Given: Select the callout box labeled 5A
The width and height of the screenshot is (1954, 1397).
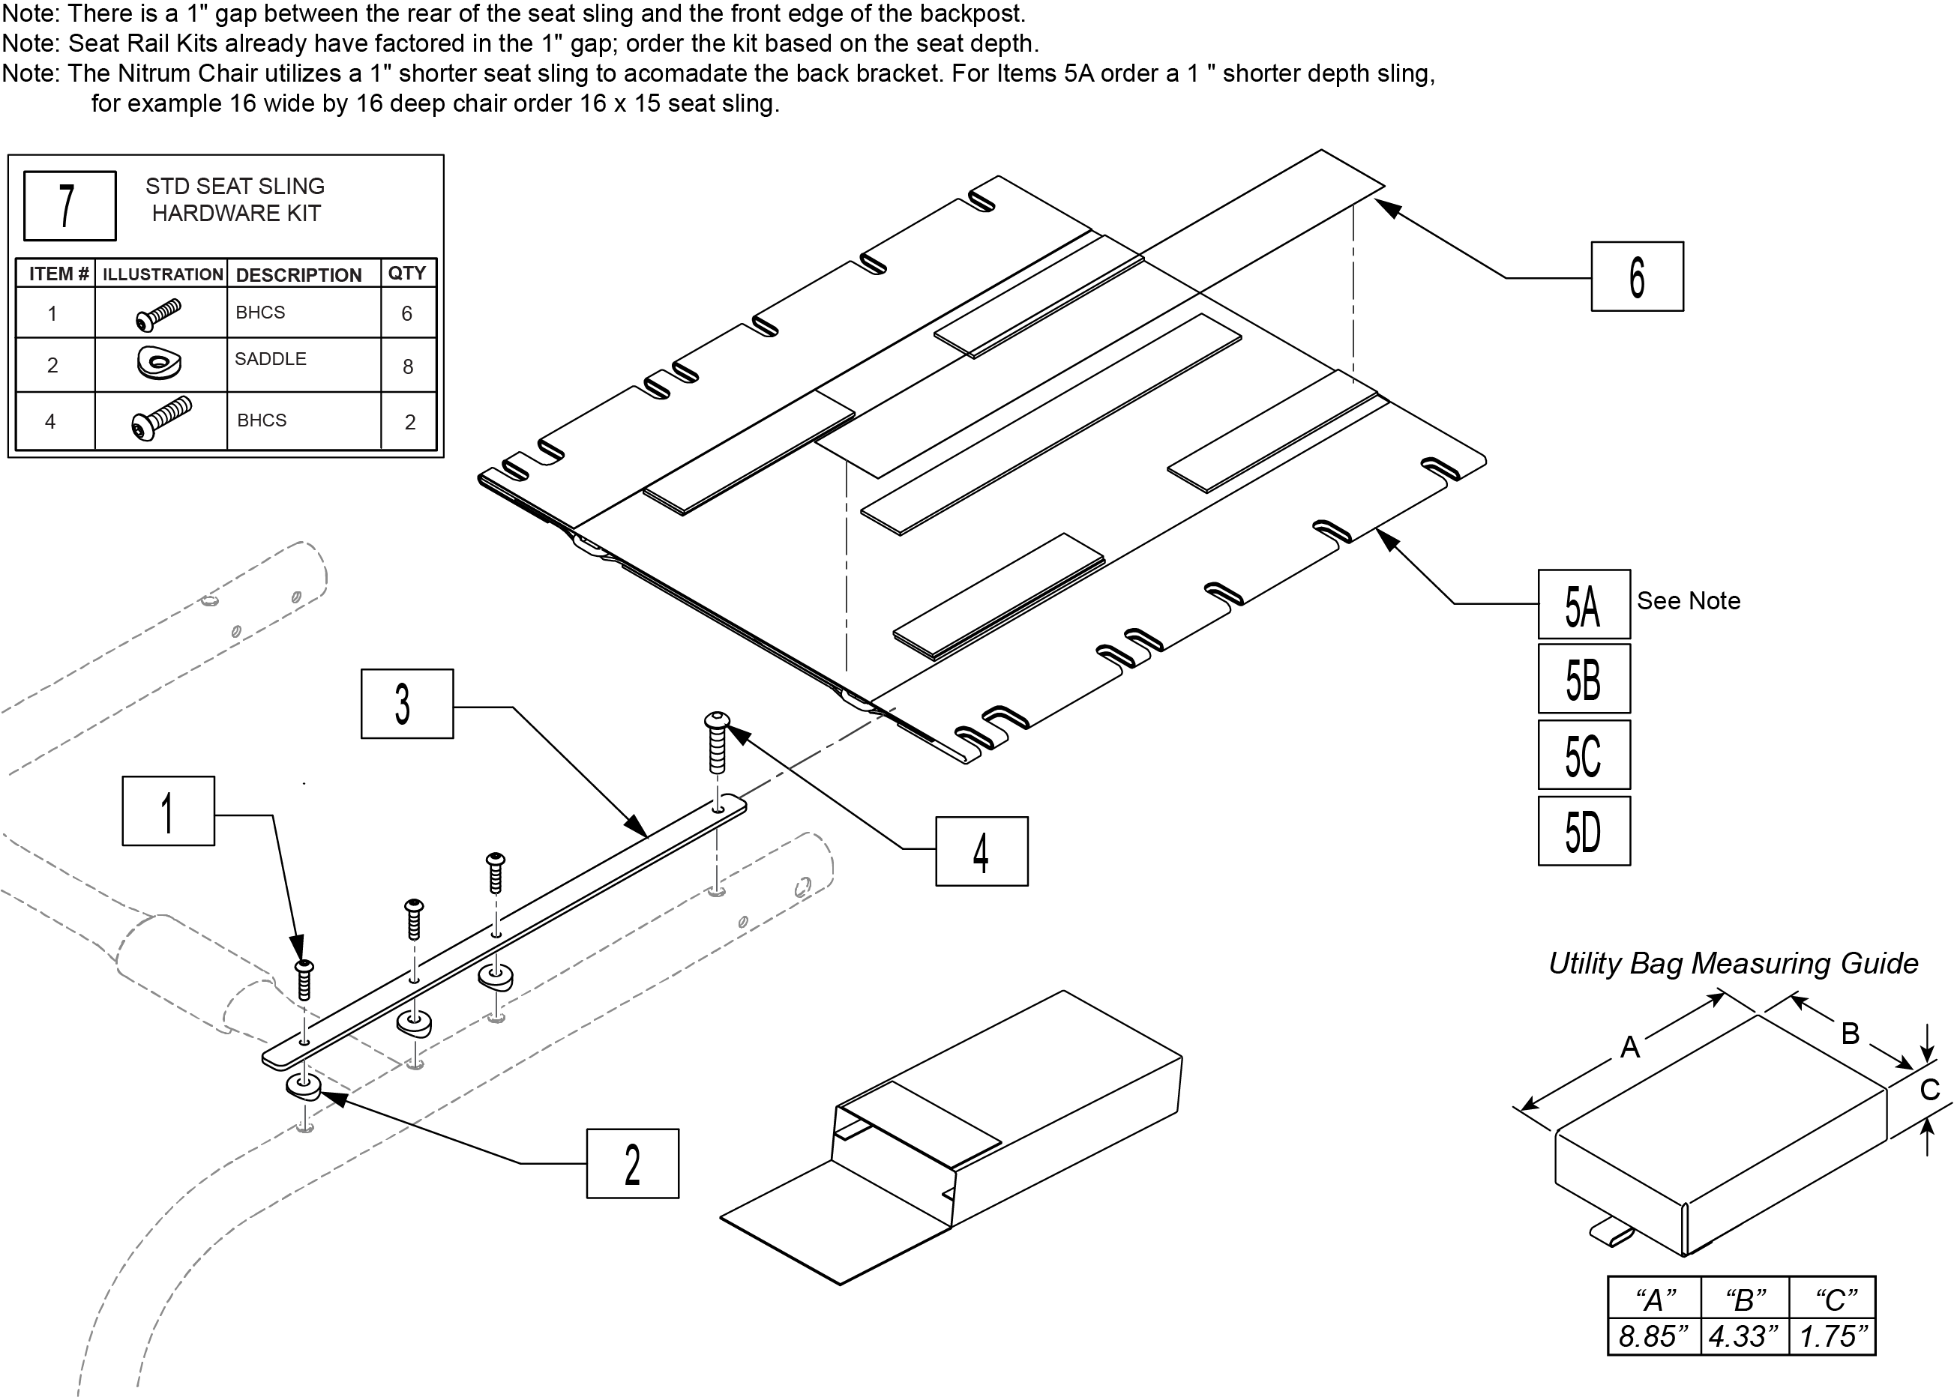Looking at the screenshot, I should click(1583, 604).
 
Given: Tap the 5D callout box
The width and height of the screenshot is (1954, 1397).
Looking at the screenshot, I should click(1583, 831).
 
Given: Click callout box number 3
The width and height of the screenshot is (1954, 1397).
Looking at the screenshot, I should click(407, 704).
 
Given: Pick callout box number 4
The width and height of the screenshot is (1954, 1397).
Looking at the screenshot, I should click(981, 851).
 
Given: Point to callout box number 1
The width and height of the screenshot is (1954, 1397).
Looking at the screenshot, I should click(169, 811).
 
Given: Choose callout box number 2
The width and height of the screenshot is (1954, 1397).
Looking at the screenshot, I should click(632, 1164).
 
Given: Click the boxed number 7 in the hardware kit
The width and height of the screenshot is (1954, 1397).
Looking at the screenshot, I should click(70, 205).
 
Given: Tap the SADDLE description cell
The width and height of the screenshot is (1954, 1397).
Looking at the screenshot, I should click(271, 360).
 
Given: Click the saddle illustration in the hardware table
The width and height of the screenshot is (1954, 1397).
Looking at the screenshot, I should click(159, 363).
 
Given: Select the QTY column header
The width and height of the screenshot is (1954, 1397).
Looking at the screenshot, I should click(407, 274).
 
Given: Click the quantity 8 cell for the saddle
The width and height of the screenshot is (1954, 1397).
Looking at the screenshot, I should click(408, 366).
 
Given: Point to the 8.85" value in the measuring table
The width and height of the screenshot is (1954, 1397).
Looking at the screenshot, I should click(1653, 1336).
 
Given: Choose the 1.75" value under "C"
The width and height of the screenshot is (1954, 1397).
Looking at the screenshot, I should click(1833, 1336).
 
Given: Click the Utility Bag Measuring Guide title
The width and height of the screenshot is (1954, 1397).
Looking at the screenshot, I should click(1733, 964).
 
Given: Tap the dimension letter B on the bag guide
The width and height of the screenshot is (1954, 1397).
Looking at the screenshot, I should click(1850, 1033).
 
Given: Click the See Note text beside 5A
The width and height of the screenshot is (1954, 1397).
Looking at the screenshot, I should click(1688, 600).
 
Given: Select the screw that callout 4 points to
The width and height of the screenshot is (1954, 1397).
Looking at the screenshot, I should click(717, 741).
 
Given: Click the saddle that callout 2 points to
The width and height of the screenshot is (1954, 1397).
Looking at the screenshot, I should click(303, 1088).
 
